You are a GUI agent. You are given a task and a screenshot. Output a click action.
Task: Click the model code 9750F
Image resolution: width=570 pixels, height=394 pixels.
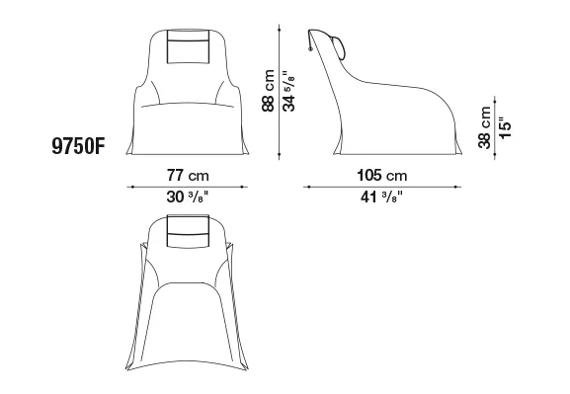pos(78,147)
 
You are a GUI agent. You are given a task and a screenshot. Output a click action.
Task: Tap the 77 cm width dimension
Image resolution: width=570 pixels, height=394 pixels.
pos(188,176)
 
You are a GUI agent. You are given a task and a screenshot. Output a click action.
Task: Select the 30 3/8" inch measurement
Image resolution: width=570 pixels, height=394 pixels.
pos(188,197)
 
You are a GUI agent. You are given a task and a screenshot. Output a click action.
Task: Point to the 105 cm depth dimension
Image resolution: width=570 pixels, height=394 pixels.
pos(382,176)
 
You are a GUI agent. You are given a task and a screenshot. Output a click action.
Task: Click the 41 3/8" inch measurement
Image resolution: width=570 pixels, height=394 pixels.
pos(381,197)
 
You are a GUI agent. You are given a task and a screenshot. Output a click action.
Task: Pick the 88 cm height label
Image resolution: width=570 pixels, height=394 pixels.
pos(269,91)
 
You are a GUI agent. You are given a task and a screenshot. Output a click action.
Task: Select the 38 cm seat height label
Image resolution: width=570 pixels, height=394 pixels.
pos(484,127)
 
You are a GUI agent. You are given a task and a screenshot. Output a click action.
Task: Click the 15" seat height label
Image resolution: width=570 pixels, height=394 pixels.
pos(505,127)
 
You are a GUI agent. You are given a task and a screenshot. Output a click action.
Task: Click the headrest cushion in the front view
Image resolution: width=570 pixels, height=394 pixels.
pos(189,46)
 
